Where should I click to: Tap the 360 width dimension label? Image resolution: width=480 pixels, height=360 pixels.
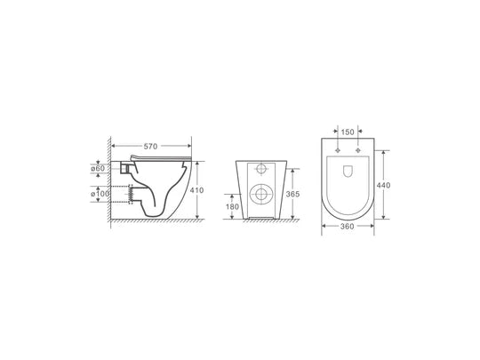tap(348, 228)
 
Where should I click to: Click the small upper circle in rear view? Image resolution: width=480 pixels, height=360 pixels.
tap(260, 170)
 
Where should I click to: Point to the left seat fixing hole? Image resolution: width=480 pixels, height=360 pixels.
tap(338, 152)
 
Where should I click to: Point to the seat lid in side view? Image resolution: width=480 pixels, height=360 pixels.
tap(164, 159)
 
